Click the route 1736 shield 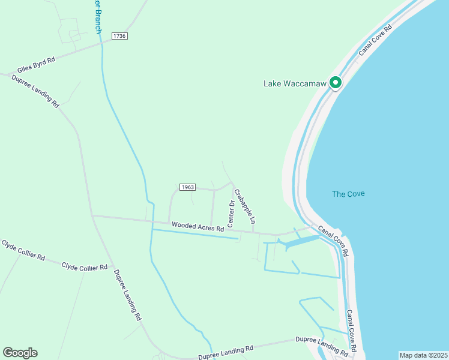click(119, 36)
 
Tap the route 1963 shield click(187, 187)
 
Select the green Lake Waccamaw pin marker click(336, 83)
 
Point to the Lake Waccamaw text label click(295, 83)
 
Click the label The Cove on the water click(348, 194)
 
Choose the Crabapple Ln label click(245, 206)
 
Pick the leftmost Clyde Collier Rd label click(23, 250)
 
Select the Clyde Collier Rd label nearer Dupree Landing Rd click(84, 266)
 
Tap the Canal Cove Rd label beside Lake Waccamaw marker click(375, 40)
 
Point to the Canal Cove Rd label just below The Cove click(333, 241)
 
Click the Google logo click(20, 353)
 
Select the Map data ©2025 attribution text click(423, 355)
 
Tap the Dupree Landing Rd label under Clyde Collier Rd click(127, 294)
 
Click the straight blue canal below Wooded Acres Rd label click(195, 234)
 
